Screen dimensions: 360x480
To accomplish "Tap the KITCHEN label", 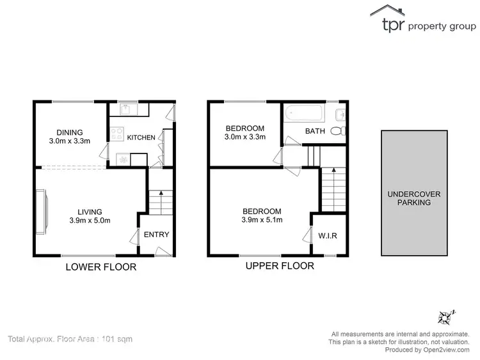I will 141,137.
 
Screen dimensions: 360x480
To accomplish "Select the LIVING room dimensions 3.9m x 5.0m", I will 90,221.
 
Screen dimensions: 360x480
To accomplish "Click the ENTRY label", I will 156,235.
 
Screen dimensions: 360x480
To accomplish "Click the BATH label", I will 315,131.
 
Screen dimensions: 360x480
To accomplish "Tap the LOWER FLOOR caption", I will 101,267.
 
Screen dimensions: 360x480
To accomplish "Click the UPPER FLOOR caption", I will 280,265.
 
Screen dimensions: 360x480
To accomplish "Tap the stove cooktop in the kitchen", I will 117,134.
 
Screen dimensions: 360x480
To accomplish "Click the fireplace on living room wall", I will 42,211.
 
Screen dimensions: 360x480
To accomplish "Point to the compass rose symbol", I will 445,317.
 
